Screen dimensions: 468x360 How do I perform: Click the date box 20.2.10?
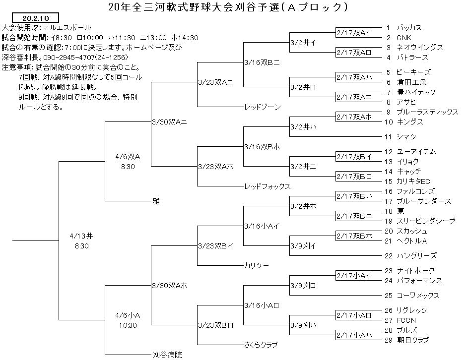pyautogui.click(x=35, y=18)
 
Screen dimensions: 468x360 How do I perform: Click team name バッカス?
pyautogui.click(x=409, y=28)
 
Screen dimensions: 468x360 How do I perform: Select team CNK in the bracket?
pyautogui.click(x=404, y=38)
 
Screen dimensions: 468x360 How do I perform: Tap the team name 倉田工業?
pyautogui.click(x=411, y=82)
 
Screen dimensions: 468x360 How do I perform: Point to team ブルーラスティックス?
pyautogui.click(x=427, y=112)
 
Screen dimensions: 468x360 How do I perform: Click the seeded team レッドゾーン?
pyautogui.click(x=263, y=107)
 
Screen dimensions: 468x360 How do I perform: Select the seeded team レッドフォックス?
pyautogui.click(x=267, y=186)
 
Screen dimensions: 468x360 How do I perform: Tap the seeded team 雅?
pyautogui.click(x=156, y=201)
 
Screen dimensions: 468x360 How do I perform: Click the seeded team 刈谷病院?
pyautogui.click(x=167, y=355)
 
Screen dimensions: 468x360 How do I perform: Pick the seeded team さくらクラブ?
pyautogui.click(x=261, y=345)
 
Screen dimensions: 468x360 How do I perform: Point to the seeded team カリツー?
pyautogui.click(x=257, y=265)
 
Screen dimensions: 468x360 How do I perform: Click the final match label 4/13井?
pyautogui.click(x=81, y=236)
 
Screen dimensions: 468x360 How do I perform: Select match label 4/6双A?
pyautogui.click(x=128, y=157)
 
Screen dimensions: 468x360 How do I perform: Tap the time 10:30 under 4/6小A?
pyautogui.click(x=128, y=325)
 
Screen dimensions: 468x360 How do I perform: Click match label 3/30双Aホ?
pyautogui.click(x=170, y=286)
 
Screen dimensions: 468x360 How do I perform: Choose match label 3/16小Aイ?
pyautogui.click(x=262, y=226)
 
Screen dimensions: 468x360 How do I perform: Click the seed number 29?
pyautogui.click(x=388, y=340)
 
